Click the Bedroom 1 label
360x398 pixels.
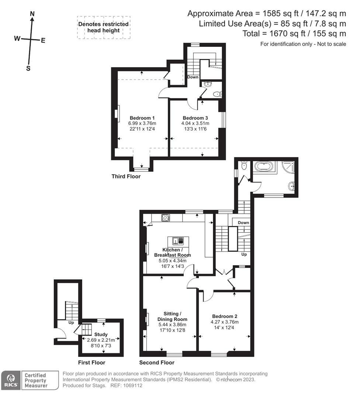coord(142,118)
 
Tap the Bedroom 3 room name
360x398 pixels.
coord(195,118)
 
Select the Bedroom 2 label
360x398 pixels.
coord(225,316)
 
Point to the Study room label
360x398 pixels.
coord(101,335)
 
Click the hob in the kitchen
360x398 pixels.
coord(166,217)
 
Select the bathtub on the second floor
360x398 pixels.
coord(264,167)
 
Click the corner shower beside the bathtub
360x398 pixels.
coord(288,167)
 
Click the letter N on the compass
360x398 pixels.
coord(32,14)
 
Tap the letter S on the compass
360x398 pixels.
coord(28,68)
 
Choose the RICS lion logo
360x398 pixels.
coord(11,380)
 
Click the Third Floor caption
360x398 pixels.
coord(126,177)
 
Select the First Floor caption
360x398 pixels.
coord(92,363)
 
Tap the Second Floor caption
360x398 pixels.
coord(157,363)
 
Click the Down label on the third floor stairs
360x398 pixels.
coord(193,77)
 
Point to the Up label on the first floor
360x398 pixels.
coord(71,322)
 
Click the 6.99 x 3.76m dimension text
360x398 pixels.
coord(142,123)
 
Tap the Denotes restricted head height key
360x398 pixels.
coord(104,27)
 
